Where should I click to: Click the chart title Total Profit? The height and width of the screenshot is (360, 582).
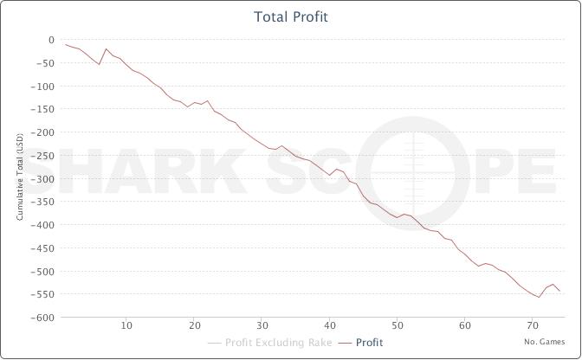[x=291, y=17]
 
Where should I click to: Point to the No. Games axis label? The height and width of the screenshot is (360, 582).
[x=544, y=342]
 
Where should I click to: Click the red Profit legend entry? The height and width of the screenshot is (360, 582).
[x=369, y=343]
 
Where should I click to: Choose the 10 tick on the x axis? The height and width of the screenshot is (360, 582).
[x=126, y=326]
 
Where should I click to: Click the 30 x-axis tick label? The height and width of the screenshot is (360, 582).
[x=262, y=326]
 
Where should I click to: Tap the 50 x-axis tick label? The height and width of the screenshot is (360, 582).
[x=397, y=326]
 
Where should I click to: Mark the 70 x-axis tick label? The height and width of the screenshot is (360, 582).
[x=532, y=326]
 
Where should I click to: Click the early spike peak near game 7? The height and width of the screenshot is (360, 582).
[x=106, y=48]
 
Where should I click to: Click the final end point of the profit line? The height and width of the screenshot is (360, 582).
[x=559, y=291]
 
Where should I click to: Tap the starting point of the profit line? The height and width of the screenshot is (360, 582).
[x=66, y=44]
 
